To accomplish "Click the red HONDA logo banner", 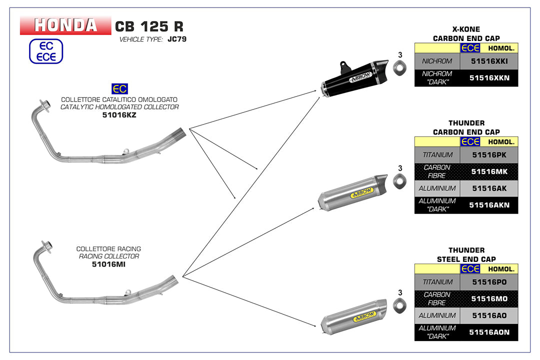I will tap(65, 25).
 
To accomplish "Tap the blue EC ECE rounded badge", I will tap(46, 51).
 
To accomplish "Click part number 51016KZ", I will tap(119, 114).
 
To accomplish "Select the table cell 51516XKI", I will tap(488, 61).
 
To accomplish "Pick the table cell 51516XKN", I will tap(488, 78).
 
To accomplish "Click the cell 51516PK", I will tap(488, 155).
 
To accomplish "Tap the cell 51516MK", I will tap(488, 171).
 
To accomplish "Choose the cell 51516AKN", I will tap(488, 205).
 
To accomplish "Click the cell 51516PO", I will tap(488, 282).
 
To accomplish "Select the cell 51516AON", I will tap(488, 332).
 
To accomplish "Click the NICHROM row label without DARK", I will tap(437, 61).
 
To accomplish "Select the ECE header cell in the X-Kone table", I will tap(470, 48).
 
